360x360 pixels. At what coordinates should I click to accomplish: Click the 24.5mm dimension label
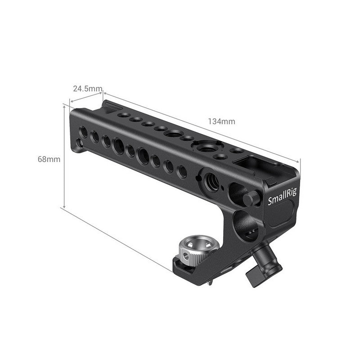click(87, 89)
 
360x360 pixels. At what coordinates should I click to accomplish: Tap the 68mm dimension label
click(49, 159)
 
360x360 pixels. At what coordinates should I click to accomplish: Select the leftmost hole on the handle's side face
click(84, 131)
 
